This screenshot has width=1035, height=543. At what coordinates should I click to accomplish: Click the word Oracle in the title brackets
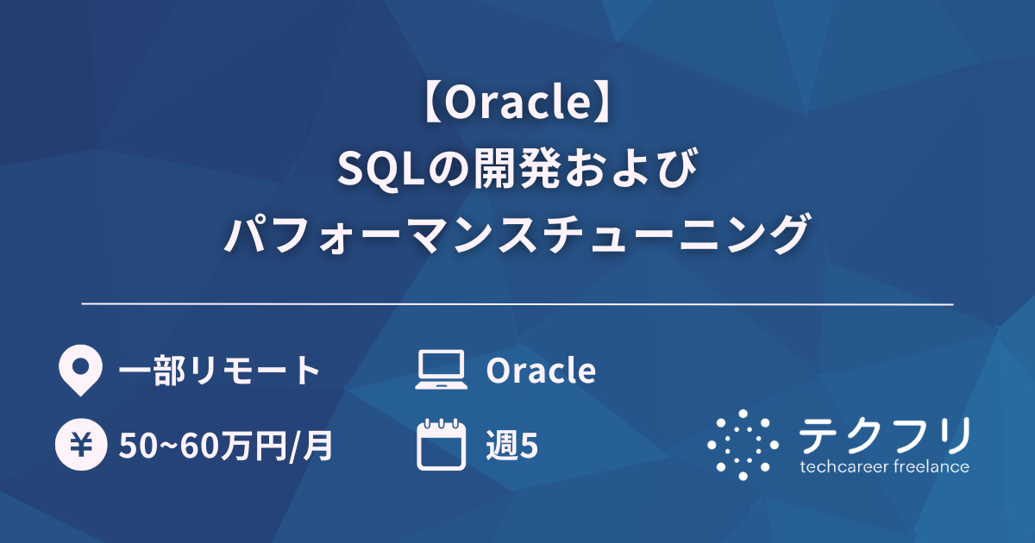coord(517,104)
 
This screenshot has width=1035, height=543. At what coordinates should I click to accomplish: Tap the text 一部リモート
coord(219,371)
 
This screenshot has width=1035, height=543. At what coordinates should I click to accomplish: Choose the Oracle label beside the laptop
coord(541,371)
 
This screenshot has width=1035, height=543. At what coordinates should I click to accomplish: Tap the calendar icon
coord(441,445)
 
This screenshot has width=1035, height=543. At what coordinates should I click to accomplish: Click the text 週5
coord(512,446)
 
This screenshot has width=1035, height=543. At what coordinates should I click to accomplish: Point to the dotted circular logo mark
coord(743,444)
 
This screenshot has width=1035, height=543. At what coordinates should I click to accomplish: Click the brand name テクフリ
coord(884,435)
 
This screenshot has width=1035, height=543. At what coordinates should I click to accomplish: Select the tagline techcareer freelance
coord(884,467)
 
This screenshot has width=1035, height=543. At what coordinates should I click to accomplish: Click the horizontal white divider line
coord(517,304)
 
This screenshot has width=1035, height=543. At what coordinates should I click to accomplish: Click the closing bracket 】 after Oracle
coord(605,104)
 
